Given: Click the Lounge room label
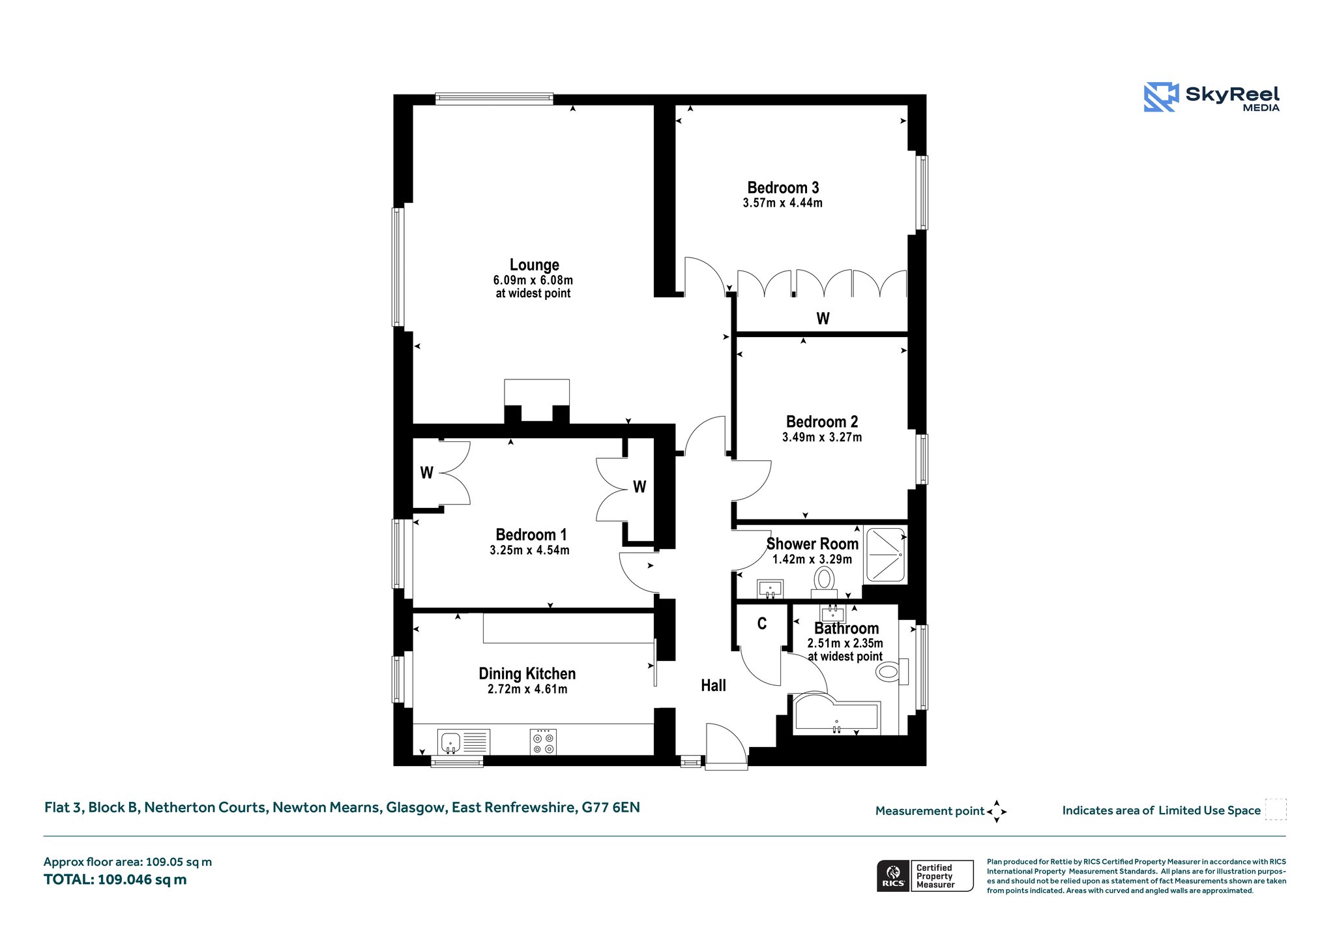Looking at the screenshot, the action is [x=534, y=265].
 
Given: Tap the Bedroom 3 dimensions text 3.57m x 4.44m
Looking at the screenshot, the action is [x=782, y=203].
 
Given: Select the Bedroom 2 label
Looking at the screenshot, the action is [x=822, y=421].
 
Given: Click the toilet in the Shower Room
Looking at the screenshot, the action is [x=824, y=582].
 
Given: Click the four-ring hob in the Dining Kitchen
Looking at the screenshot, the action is [x=543, y=742].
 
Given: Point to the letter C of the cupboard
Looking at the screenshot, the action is [x=761, y=624].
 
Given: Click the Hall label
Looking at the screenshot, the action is [x=713, y=685].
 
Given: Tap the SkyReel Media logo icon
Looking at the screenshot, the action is [x=1161, y=97].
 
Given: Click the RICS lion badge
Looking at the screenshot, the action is [x=893, y=875].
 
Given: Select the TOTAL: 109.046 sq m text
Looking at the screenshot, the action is [x=115, y=879].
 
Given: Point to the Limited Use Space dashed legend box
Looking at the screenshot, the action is [x=1276, y=809].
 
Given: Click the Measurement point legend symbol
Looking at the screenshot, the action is [x=997, y=812].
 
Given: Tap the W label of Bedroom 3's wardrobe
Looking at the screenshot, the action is [x=823, y=318].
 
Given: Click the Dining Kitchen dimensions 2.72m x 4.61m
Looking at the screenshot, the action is [x=527, y=689].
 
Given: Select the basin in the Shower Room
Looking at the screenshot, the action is [x=770, y=588].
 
